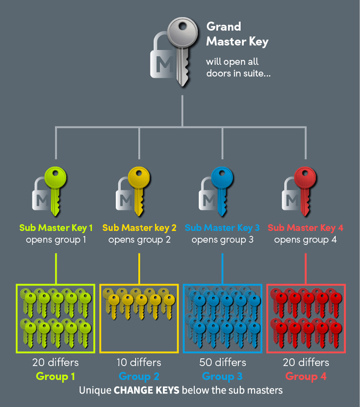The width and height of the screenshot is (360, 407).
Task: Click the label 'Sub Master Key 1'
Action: coord(56,228)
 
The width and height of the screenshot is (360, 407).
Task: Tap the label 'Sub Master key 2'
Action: coord(139,228)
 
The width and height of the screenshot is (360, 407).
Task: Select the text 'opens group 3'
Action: coord(222,240)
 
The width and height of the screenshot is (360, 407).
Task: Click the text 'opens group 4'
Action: coord(305,240)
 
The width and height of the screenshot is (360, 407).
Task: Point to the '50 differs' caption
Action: coord(222,362)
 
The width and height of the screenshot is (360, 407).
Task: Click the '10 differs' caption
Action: coord(139,362)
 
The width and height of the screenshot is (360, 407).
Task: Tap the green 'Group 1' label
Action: coord(56,376)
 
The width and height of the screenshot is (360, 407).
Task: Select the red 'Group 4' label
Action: coord(306,376)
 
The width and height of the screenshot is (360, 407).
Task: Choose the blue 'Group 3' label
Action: coord(222,376)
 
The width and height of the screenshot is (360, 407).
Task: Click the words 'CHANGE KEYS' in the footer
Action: coord(146,390)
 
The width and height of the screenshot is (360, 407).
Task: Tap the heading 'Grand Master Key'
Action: coord(237,34)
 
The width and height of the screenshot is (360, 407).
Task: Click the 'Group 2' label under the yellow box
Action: coord(139,376)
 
